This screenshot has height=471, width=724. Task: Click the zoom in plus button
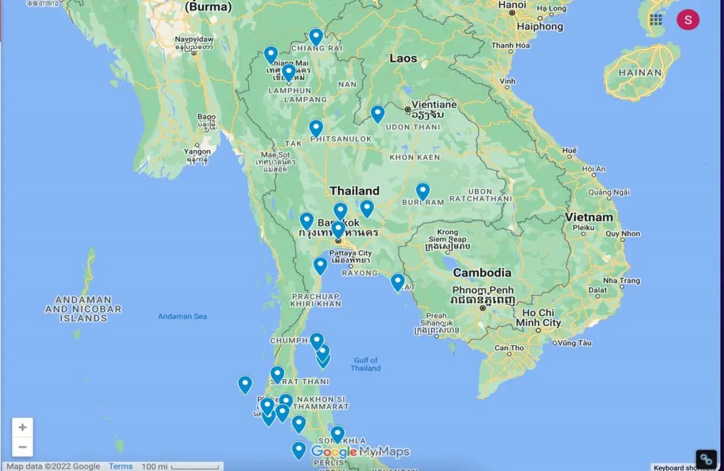tap(23, 427)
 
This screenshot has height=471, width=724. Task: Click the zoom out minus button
tap(23, 447)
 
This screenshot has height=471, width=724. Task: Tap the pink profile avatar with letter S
tap(687, 20)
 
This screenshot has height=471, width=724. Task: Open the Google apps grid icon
tap(656, 20)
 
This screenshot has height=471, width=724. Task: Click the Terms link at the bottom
tap(121, 466)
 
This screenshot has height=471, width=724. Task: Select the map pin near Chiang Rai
tap(316, 36)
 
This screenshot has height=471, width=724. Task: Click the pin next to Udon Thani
tap(378, 113)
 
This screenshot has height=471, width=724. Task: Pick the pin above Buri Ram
tap(423, 191)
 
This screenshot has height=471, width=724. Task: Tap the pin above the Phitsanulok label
tap(316, 128)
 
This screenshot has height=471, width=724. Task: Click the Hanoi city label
tap(512, 5)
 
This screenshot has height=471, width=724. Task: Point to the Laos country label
tap(403, 58)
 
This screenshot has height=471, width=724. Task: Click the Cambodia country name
tap(481, 272)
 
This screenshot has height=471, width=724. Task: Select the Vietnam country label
tap(588, 216)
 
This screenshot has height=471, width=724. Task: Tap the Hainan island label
tap(639, 72)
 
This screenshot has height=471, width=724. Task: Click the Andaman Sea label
tap(182, 316)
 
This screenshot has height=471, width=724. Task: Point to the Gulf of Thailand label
tap(366, 364)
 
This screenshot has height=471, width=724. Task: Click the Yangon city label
tap(197, 151)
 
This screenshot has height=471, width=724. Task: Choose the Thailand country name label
tap(354, 191)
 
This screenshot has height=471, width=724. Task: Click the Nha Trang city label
tap(620, 281)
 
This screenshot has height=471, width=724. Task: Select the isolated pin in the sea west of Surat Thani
tap(245, 384)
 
